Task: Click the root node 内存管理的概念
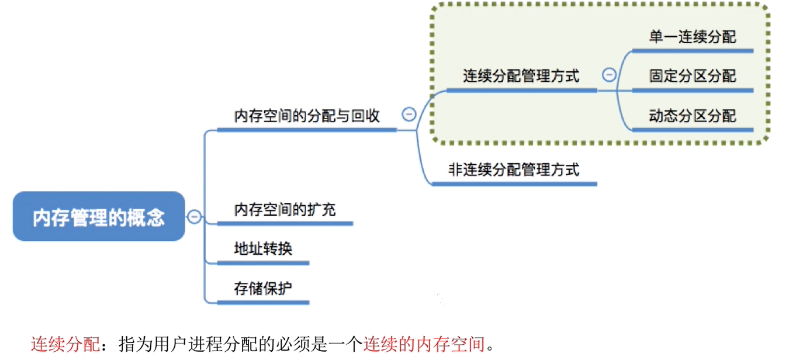(x=99, y=217)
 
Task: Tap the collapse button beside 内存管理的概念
(x=194, y=217)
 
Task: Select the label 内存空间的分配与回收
(x=307, y=115)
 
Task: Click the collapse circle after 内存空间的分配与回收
(x=409, y=115)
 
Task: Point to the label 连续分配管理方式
(x=521, y=75)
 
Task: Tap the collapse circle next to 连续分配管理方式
(x=609, y=75)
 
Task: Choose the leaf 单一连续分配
(x=692, y=37)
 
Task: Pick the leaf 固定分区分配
(x=692, y=76)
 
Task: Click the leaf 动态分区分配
(x=692, y=115)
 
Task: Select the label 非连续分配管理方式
(x=514, y=169)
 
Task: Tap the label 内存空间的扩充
(x=285, y=209)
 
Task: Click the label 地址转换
(x=262, y=248)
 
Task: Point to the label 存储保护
(x=262, y=288)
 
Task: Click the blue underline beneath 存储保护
(x=262, y=302)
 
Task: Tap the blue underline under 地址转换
(x=262, y=263)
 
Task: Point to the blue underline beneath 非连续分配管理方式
(x=514, y=184)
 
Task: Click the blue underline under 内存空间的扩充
(x=285, y=223)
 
